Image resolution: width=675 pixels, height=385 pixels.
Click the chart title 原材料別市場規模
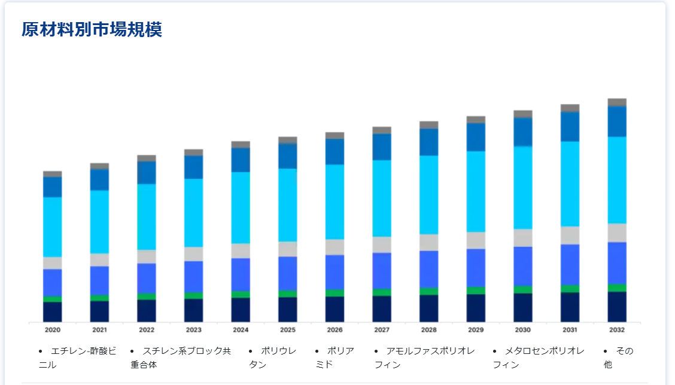[x=92, y=30]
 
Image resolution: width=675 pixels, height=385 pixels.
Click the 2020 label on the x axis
[x=52, y=330]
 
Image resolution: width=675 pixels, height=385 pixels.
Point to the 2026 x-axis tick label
[x=335, y=330]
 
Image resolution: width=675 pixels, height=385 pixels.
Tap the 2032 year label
[x=617, y=330]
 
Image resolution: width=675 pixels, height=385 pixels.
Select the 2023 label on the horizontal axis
[x=193, y=330]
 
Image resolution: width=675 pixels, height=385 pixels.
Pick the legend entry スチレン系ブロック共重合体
[x=181, y=357]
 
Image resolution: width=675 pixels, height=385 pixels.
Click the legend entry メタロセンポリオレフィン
[x=539, y=357]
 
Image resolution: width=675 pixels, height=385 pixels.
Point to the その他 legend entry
[x=619, y=357]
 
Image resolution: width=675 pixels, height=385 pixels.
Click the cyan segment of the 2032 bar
[x=617, y=180]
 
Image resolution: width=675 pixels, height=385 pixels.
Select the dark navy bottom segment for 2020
[x=52, y=312]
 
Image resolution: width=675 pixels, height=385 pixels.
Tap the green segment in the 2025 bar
[x=287, y=294]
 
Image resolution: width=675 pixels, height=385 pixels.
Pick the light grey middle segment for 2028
[x=428, y=242]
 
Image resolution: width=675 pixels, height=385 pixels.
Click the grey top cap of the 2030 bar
[x=522, y=114]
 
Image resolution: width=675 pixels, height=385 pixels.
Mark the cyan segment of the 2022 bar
[x=147, y=217]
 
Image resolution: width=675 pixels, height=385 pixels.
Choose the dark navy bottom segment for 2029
[x=476, y=308]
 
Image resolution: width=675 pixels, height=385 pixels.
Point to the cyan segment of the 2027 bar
[x=382, y=198]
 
